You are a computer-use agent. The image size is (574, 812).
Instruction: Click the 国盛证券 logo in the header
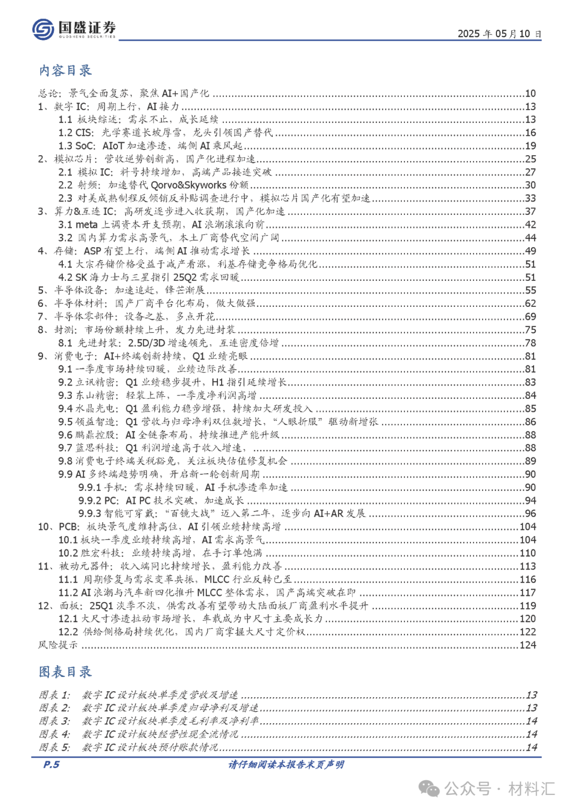[73, 29]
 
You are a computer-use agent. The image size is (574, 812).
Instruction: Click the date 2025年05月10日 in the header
[499, 34]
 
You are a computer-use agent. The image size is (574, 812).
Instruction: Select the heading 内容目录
[65, 70]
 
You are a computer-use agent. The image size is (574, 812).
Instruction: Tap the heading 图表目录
[65, 672]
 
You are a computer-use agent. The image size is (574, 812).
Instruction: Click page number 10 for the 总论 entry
[530, 94]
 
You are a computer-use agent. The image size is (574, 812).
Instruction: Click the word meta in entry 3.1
[86, 224]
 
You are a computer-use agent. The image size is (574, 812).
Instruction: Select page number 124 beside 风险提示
[528, 645]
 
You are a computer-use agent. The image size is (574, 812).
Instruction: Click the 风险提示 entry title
[58, 645]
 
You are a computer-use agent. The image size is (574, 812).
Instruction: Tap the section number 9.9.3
[89, 513]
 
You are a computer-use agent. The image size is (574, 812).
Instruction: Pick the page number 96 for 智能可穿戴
[530, 513]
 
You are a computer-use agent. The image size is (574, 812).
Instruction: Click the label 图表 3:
[54, 721]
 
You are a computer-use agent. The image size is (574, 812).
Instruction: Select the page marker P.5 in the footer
[51, 764]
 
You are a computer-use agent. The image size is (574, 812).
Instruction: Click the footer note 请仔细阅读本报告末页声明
[286, 765]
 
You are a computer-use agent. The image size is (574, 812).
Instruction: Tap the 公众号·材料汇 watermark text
[500, 789]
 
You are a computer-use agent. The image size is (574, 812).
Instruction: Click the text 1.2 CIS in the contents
[76, 132]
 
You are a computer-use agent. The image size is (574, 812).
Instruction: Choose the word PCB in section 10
[69, 526]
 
